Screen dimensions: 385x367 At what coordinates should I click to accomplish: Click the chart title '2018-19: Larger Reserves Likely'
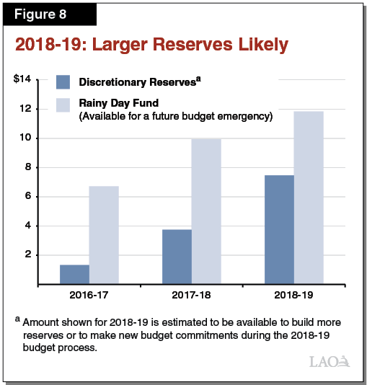151,45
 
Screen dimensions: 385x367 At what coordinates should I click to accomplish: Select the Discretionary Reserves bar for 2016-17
74,274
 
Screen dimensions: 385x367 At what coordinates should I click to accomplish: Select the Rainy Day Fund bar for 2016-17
104,234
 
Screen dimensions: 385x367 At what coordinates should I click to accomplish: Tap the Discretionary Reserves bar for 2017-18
177,256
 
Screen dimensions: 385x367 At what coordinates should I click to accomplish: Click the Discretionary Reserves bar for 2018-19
279,229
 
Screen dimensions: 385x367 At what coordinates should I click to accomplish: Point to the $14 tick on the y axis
22,79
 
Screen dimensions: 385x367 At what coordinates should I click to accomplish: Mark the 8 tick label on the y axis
27,167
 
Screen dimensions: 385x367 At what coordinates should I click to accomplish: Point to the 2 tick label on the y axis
27,255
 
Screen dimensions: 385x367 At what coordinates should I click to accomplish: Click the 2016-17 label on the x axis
89,296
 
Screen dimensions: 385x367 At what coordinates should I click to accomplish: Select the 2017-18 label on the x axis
191,296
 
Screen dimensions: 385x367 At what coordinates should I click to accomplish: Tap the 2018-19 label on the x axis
293,296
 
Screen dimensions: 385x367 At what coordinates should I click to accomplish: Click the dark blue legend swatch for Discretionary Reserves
63,82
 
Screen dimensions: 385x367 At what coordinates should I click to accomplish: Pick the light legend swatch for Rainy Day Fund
63,105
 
